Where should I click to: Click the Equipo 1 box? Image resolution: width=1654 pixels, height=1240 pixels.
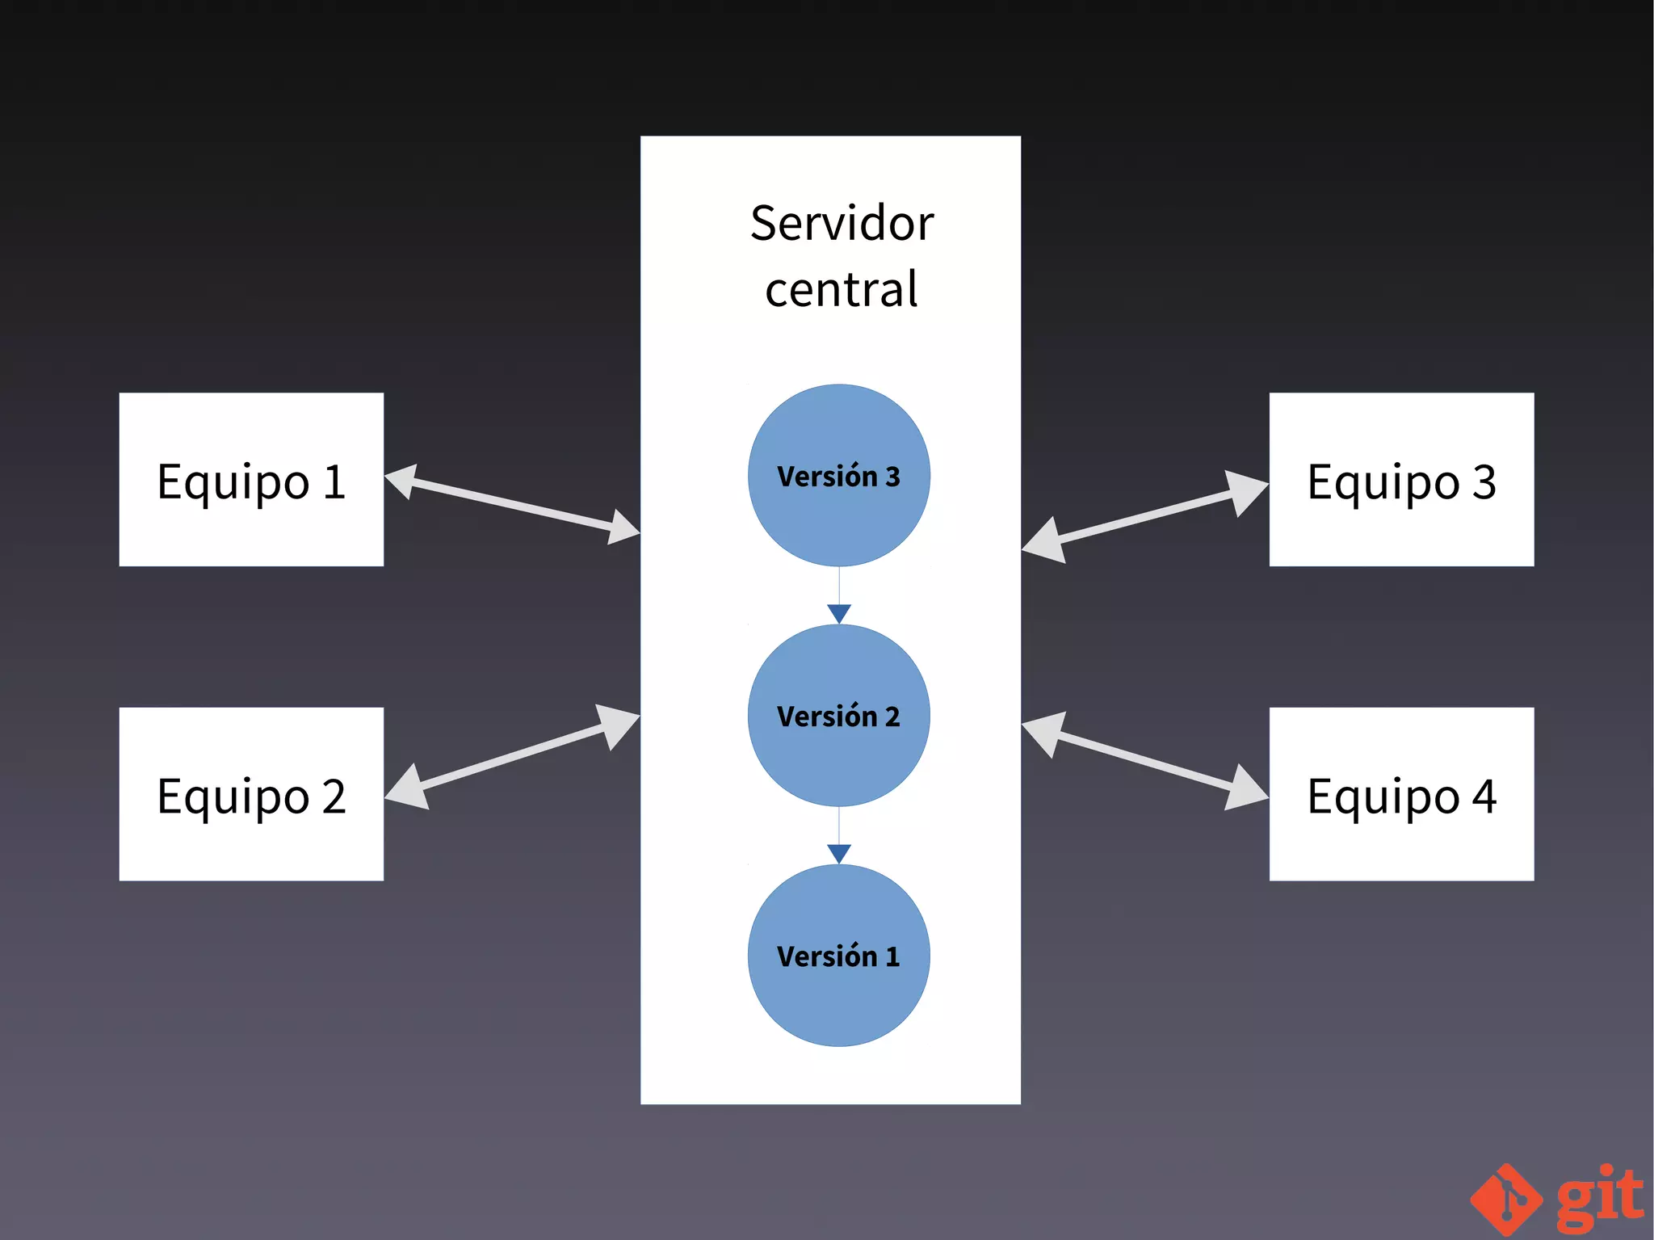251,480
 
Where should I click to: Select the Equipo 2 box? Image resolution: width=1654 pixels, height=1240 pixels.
251,794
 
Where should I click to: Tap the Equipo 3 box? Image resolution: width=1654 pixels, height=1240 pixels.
1401,480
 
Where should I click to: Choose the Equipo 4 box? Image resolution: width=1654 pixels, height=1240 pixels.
1401,794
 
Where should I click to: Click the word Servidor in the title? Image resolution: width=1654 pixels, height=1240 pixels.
842,224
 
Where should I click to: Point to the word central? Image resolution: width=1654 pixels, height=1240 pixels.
842,290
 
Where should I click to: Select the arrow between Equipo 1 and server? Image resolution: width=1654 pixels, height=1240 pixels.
512,504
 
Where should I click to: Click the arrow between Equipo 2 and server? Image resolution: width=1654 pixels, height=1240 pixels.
512,756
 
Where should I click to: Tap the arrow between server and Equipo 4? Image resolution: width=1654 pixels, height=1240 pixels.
1144,760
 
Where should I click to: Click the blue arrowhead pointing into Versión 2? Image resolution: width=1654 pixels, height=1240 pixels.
839,613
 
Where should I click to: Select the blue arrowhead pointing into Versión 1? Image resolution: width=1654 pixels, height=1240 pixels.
839,853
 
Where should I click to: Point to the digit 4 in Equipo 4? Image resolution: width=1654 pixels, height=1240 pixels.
1484,797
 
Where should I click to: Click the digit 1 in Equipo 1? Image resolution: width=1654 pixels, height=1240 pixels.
334,482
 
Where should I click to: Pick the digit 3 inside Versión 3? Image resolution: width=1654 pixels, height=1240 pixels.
892,477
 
